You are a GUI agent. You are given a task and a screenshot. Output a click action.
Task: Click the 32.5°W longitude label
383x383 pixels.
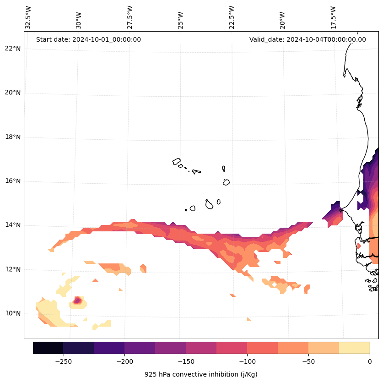pyautogui.click(x=28, y=17)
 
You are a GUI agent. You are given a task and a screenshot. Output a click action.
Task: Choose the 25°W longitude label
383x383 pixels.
pyautogui.click(x=181, y=17)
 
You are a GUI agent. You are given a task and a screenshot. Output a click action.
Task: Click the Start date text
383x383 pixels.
pyautogui.click(x=88, y=39)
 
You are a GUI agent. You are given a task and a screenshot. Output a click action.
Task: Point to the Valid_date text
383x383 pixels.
pyautogui.click(x=307, y=39)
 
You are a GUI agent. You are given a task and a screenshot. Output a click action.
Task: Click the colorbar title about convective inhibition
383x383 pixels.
pyautogui.click(x=201, y=374)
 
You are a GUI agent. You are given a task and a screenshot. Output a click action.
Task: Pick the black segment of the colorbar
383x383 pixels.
pyautogui.click(x=48, y=348)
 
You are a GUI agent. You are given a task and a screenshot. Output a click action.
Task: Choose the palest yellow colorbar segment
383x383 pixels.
pyautogui.click(x=354, y=348)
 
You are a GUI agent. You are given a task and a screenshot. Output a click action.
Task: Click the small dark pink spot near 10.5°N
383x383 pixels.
pyautogui.click(x=77, y=301)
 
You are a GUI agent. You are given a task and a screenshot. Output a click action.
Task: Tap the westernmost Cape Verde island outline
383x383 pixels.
pyautogui.click(x=177, y=161)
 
